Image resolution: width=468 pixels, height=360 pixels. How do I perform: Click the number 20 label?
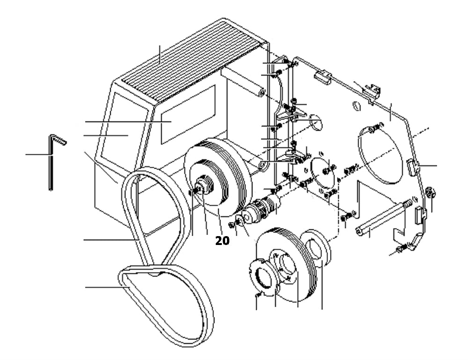(222, 240)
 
